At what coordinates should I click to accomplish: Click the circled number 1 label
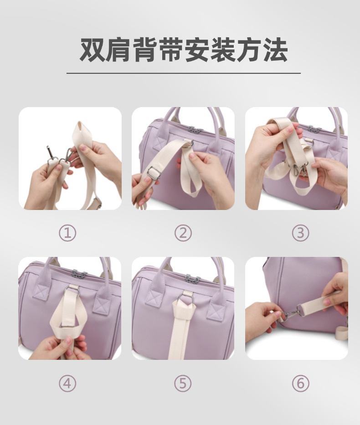(67, 233)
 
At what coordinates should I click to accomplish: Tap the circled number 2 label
(183, 233)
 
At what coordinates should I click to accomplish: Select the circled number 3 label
(300, 233)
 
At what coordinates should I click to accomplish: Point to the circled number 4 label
(67, 383)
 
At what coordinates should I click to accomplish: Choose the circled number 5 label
(183, 383)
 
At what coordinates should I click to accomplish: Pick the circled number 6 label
(300, 383)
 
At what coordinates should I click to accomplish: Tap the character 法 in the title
(275, 50)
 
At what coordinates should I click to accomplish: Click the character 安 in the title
(197, 50)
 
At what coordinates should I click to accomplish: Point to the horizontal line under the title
(184, 73)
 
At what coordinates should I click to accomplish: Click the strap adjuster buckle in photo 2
(154, 173)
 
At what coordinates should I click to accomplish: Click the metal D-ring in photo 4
(71, 292)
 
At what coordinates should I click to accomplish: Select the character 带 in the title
(170, 50)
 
